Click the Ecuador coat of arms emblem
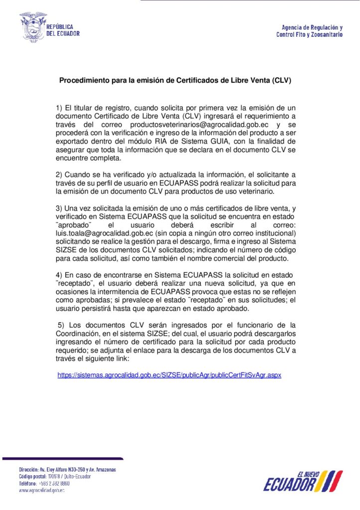(33, 27)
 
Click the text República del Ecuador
(63, 30)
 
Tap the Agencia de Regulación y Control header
(309, 31)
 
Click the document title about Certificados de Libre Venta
(175, 80)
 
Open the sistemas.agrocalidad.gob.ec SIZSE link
(169, 375)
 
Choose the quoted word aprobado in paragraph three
(73, 225)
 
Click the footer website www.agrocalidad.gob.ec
(42, 490)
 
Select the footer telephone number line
(44, 483)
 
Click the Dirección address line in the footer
(67, 469)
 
